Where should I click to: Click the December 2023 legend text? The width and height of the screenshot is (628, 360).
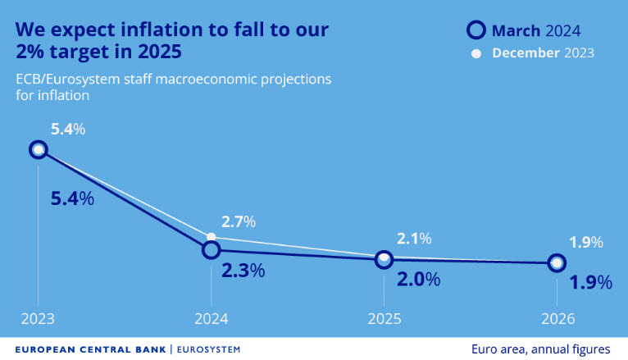[x=543, y=53]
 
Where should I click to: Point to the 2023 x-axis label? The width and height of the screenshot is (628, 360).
[x=37, y=319]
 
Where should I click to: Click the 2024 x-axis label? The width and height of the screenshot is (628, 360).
[x=211, y=319]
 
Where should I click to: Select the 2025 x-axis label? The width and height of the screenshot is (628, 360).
[x=384, y=319]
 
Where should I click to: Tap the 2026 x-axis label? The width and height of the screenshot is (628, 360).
[x=557, y=319]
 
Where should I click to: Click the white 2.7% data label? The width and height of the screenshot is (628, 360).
[x=239, y=221]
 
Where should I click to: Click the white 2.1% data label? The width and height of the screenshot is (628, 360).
[x=414, y=239]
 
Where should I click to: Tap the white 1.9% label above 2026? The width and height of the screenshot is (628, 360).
[x=586, y=242]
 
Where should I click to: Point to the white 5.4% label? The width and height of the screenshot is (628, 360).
[x=68, y=129]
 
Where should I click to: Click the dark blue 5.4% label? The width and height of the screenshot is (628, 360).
[x=71, y=199]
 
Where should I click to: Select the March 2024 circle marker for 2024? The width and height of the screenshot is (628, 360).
[x=211, y=249]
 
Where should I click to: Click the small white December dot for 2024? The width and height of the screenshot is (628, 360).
[x=211, y=236]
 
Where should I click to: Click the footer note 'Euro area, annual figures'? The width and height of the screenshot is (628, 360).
[x=540, y=349]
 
